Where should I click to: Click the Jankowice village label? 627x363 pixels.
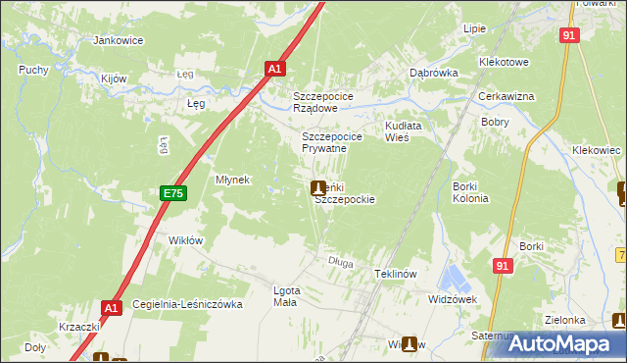[x=118, y=41]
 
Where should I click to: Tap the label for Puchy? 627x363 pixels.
[x=33, y=71]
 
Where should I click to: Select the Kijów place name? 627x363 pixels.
[x=116, y=78]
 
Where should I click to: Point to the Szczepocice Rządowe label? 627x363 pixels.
[x=330, y=102]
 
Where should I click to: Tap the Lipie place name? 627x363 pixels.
[x=475, y=28]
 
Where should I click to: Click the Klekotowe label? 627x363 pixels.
[x=504, y=62]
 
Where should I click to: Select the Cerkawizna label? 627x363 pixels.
[x=506, y=96]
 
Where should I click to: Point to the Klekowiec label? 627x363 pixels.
[x=596, y=150]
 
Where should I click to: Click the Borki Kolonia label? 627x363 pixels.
[x=470, y=192]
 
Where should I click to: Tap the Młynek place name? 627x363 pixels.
[x=234, y=180]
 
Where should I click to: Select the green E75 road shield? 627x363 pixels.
[x=172, y=194]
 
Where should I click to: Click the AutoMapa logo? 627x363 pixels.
[x=559, y=342]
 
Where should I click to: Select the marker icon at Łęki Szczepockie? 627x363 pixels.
[x=318, y=187]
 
